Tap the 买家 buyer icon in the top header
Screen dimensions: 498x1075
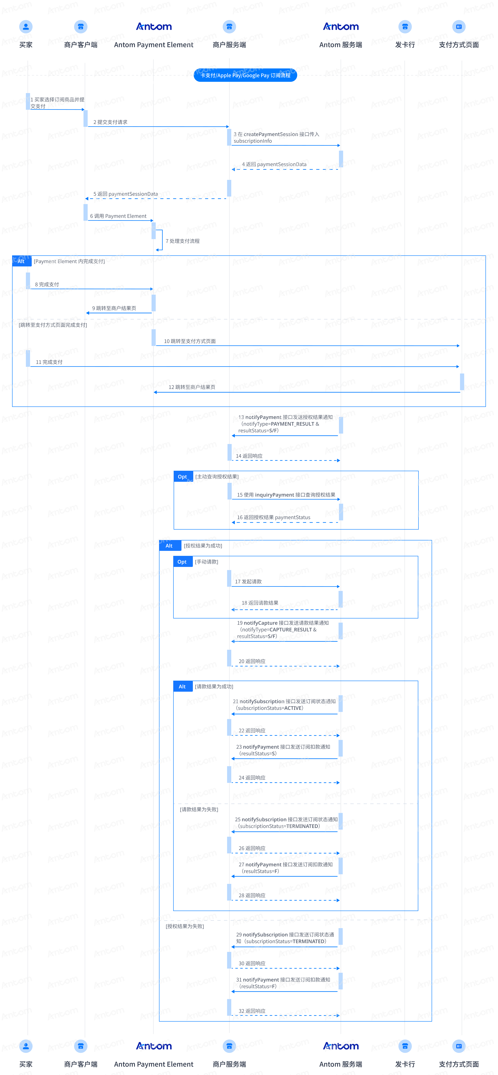coord(26,27)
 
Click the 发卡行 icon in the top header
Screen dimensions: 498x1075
coord(405,27)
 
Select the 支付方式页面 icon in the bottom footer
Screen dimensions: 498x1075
coord(459,1046)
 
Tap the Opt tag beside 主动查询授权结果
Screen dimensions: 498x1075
coord(182,477)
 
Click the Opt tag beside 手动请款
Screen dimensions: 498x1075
coord(182,562)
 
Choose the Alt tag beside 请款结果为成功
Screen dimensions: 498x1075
coord(182,686)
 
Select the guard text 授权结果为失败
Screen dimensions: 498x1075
coord(185,926)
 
